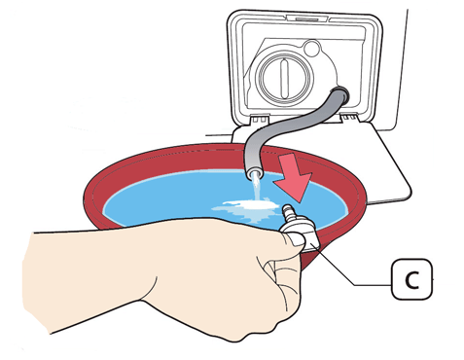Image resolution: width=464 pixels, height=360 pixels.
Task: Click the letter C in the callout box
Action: (412, 279)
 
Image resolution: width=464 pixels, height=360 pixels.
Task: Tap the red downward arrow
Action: (293, 177)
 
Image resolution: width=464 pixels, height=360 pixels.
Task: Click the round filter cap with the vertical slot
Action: (284, 78)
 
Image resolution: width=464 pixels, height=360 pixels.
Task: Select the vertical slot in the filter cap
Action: (284, 79)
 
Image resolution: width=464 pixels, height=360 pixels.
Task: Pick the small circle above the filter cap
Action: (312, 48)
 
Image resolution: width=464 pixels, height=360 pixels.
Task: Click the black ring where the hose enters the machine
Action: (339, 94)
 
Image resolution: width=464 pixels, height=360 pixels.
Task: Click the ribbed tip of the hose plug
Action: (287, 211)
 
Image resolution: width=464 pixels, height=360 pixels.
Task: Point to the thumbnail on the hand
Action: (296, 239)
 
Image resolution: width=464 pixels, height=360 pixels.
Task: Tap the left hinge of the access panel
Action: (259, 119)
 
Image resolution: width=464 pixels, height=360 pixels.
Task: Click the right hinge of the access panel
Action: (349, 118)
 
